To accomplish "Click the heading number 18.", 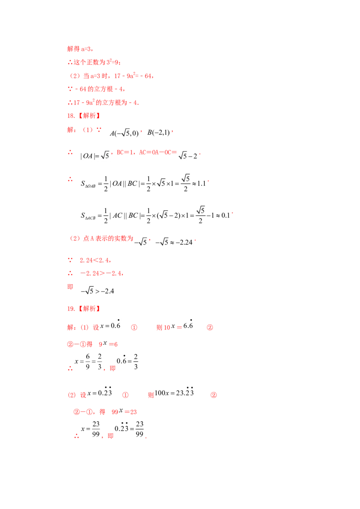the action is coord(71,116).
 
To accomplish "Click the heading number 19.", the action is coord(71,309).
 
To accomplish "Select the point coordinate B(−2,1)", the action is coord(158,133).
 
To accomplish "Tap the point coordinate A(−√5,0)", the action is coord(124,133).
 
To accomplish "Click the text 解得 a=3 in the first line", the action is coord(79,49).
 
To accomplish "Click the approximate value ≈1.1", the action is coord(199,184).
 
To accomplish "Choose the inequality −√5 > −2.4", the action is coord(98,291).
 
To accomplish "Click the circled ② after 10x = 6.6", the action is coord(210,327).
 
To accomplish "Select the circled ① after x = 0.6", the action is coord(134,327).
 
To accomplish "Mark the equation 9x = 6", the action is coord(108,344).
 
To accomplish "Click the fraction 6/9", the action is coord(88,362).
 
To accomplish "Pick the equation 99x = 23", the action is coord(124,411).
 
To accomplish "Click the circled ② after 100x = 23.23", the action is coord(213,395).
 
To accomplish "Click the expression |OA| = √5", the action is coord(95,156).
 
